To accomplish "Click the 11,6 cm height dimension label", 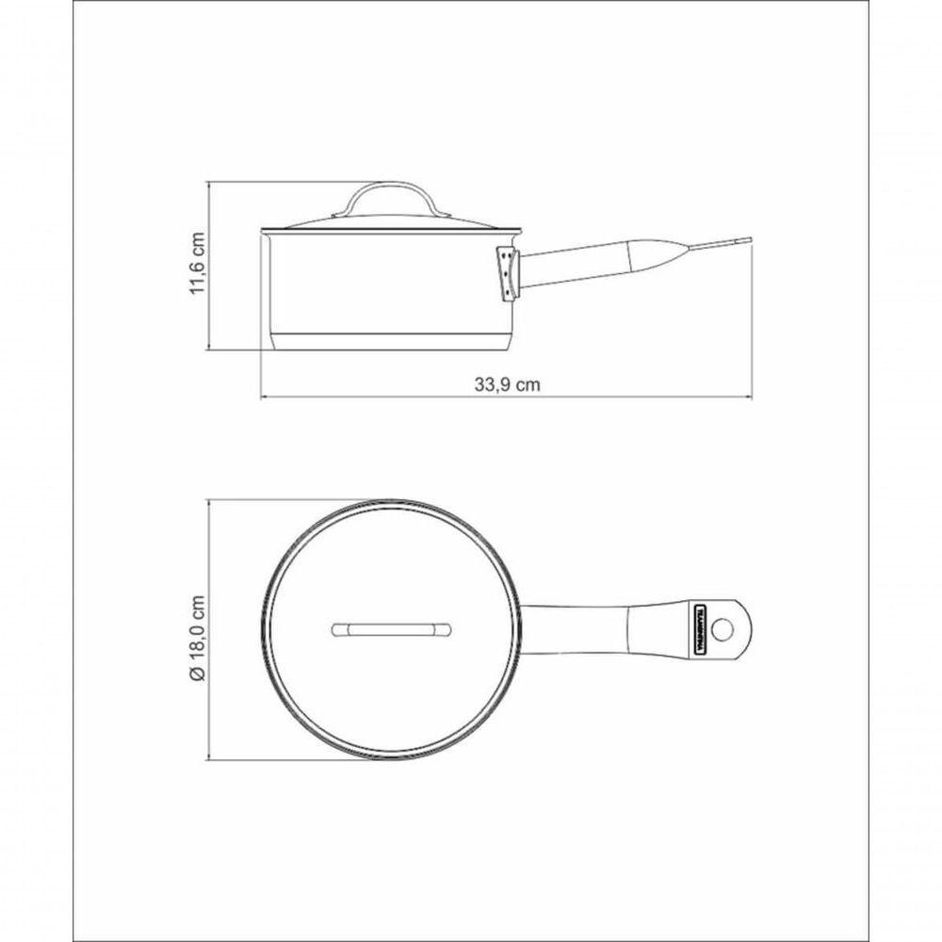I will point(197,265).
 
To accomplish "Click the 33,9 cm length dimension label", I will point(508,384).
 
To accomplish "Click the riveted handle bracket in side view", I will point(508,273).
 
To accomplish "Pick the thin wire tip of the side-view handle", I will point(721,244).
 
